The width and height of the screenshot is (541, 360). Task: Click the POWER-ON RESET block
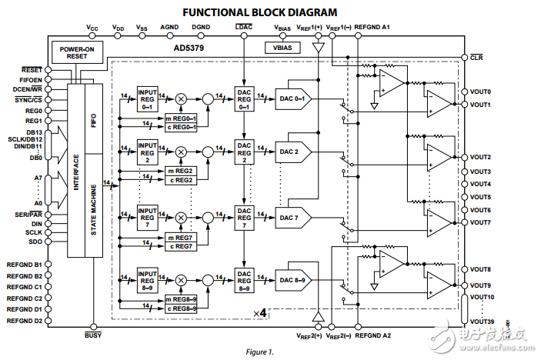[x=77, y=52]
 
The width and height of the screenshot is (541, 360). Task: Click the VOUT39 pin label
[x=481, y=322]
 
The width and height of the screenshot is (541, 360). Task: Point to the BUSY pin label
[x=93, y=335]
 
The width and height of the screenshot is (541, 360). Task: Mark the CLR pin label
[x=476, y=56]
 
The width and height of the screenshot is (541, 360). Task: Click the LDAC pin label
[x=243, y=28]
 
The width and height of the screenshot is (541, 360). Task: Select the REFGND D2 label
[x=25, y=320]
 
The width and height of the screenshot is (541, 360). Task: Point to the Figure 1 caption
[x=259, y=352]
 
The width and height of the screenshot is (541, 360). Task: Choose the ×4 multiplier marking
[x=259, y=313]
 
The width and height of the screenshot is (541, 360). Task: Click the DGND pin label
[x=201, y=28]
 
